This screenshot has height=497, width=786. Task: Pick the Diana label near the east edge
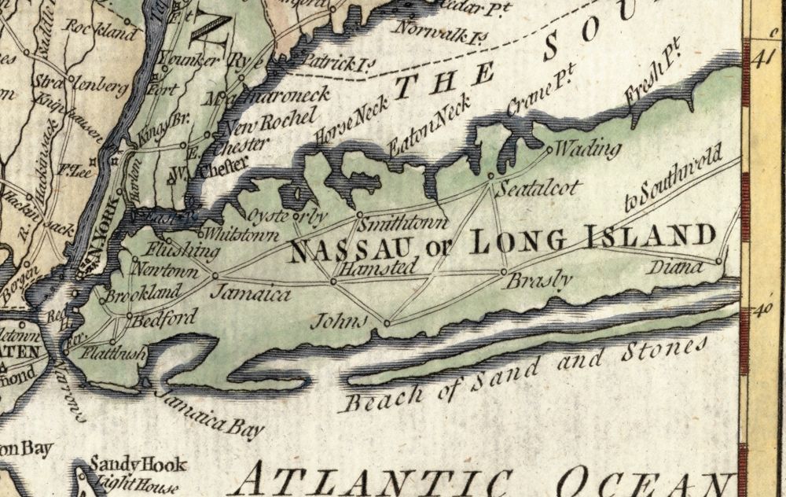[x=674, y=268]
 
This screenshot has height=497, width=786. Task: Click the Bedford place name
[x=163, y=319]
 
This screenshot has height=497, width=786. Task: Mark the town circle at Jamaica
[x=215, y=276]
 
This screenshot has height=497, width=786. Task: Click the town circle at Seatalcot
[x=490, y=175]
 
